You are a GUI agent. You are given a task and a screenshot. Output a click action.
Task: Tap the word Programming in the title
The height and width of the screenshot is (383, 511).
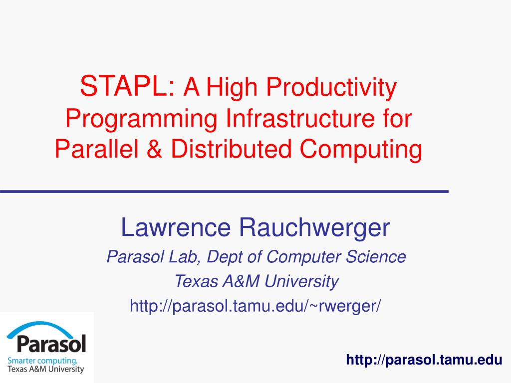click(141, 119)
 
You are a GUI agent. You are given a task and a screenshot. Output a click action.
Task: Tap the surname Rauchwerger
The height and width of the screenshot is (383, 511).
click(314, 228)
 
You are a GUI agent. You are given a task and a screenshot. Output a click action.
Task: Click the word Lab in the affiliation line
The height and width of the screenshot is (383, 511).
click(185, 257)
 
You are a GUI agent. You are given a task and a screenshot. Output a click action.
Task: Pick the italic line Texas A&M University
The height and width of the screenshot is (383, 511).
click(256, 282)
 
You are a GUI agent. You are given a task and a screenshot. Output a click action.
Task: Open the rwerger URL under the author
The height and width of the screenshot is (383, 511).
click(255, 305)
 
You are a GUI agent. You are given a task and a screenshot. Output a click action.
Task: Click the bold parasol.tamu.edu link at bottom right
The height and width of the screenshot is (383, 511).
click(424, 360)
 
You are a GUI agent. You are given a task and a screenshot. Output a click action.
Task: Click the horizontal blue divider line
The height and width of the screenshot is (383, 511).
click(224, 191)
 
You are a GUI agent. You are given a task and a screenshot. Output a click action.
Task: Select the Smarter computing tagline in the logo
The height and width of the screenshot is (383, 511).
click(42, 360)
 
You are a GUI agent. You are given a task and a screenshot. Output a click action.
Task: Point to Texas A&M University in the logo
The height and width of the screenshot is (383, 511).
click(45, 370)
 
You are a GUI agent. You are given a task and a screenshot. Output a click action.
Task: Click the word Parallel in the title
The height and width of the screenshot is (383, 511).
click(98, 149)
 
